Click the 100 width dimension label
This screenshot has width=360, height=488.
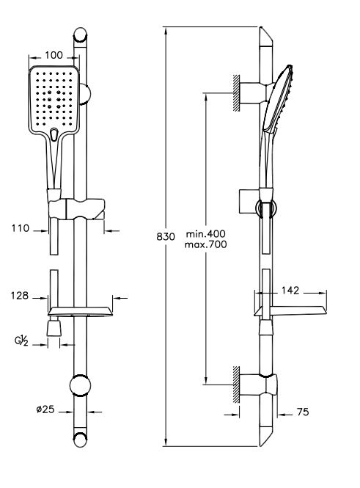(54, 55)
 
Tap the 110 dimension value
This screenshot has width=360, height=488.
(21, 228)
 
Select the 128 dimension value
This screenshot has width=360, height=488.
(20, 295)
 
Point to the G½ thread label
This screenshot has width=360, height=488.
(21, 341)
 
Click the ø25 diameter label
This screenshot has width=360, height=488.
(45, 409)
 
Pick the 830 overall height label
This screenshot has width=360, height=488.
(166, 236)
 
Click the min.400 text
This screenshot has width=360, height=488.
(206, 233)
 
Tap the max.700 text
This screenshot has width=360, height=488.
(206, 244)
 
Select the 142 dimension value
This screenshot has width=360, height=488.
(290, 291)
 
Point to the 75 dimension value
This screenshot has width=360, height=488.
(303, 412)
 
